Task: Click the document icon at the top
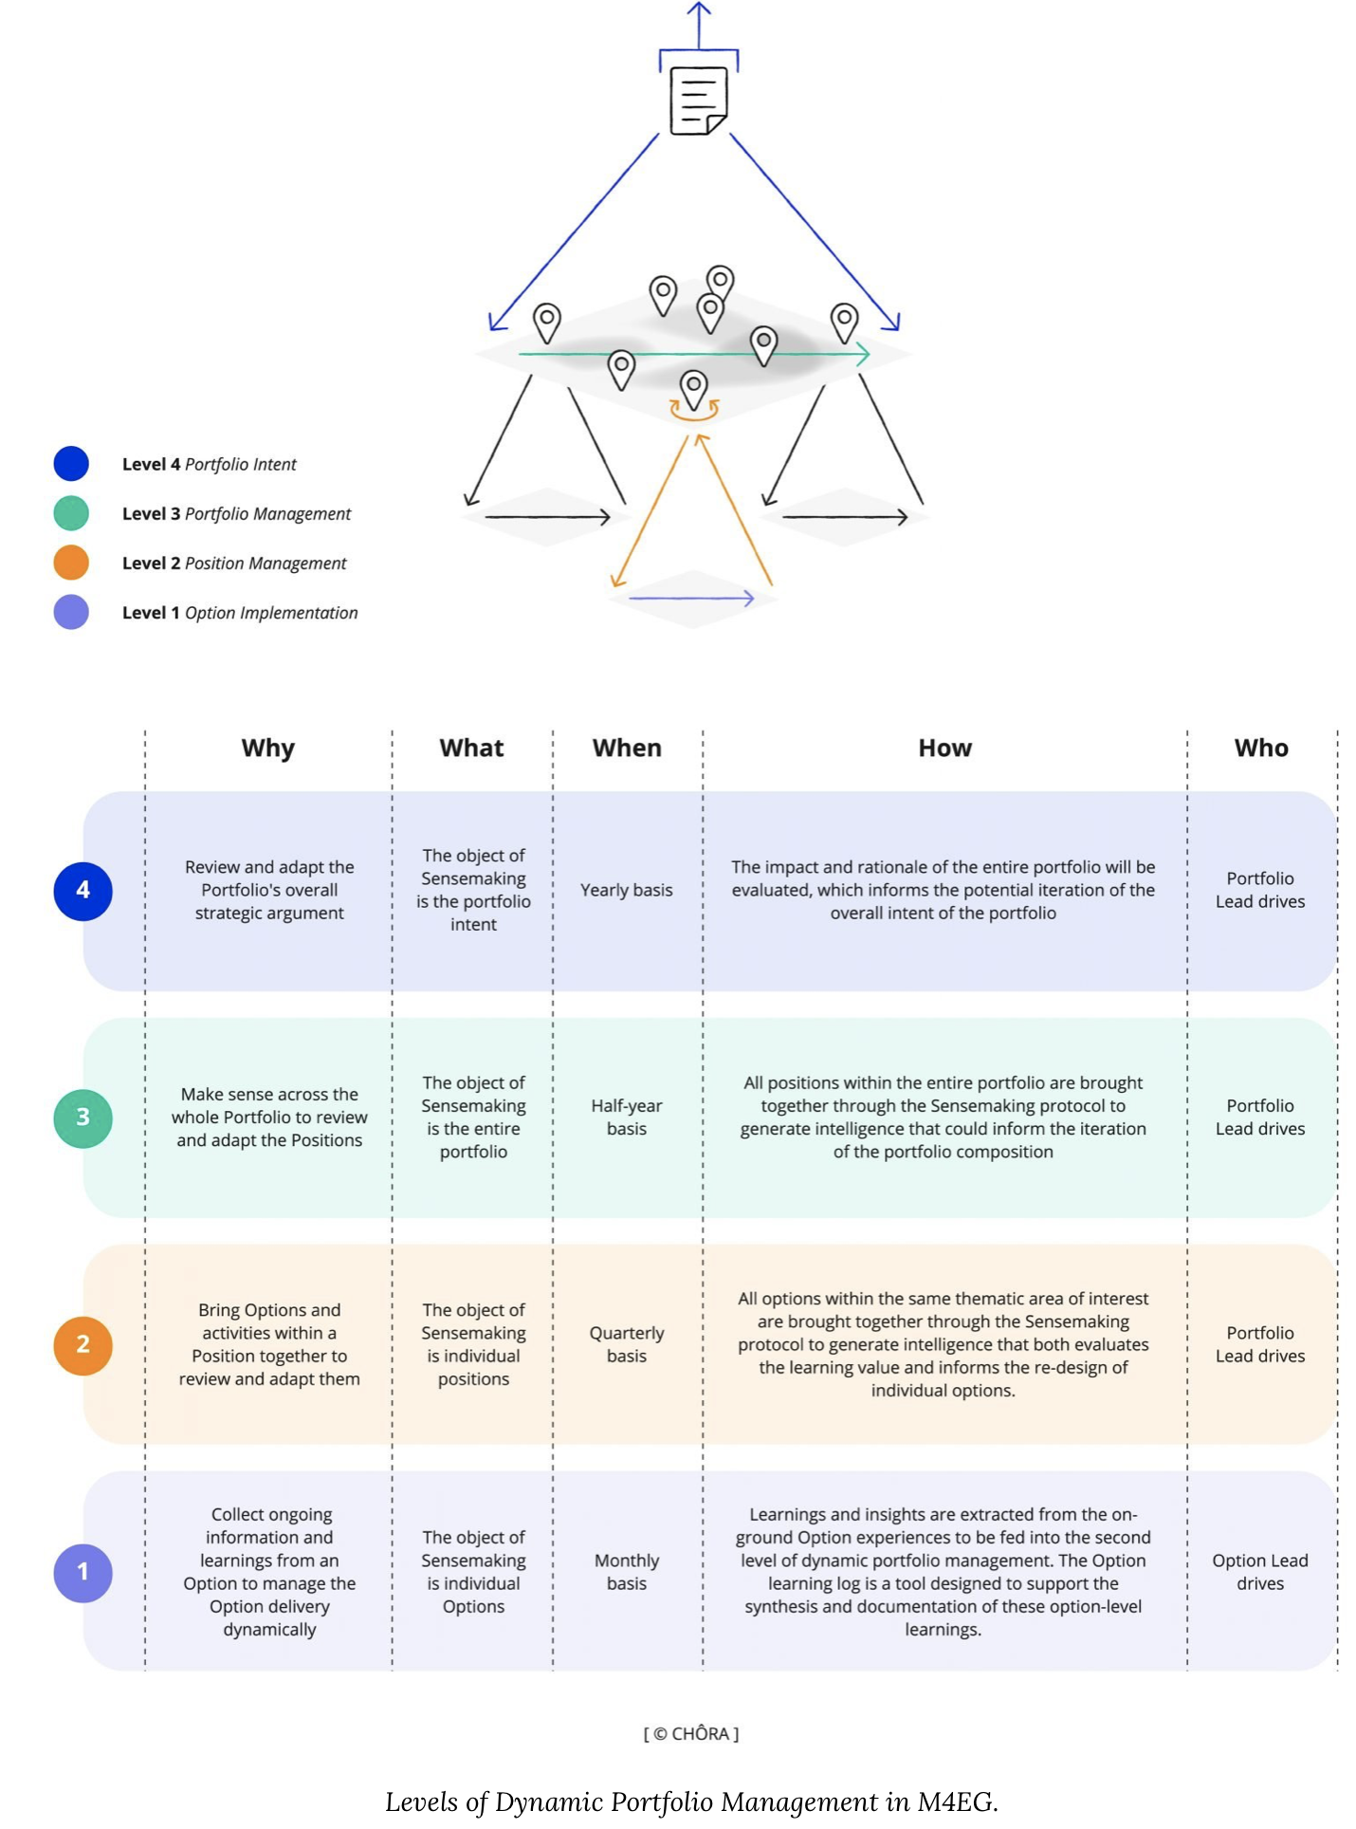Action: [x=699, y=101]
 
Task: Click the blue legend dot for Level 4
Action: [x=71, y=463]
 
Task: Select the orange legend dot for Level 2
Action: [x=71, y=563]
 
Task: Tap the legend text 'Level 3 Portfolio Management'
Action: [x=236, y=513]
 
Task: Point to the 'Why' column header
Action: [x=268, y=748]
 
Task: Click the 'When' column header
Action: [x=627, y=748]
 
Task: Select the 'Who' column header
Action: [x=1261, y=748]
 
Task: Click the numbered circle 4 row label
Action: [x=83, y=891]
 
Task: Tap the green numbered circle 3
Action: [x=83, y=1118]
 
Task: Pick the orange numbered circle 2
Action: [x=83, y=1344]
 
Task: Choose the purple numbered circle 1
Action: [x=83, y=1572]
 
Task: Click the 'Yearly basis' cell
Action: [x=627, y=890]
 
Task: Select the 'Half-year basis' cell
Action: [x=627, y=1117]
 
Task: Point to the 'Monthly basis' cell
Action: [x=627, y=1572]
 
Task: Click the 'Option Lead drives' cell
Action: [x=1260, y=1572]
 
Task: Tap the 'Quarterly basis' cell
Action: [x=627, y=1344]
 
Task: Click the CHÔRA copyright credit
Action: [x=691, y=1733]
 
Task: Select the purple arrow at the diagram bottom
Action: [x=691, y=599]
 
